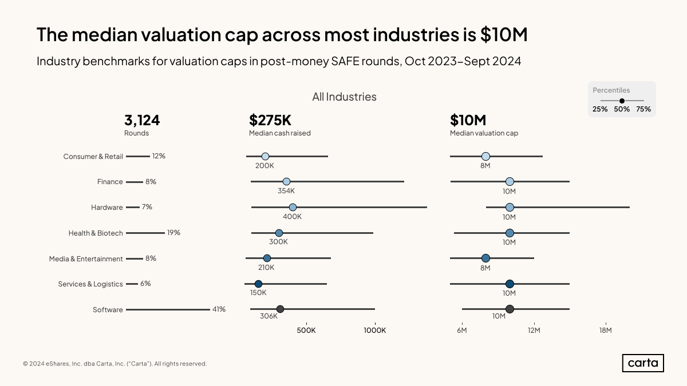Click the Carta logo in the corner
(642, 363)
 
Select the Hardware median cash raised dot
(293, 207)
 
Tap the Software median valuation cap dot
(510, 309)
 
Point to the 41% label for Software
(219, 309)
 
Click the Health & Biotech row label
(96, 233)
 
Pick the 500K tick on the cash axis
(306, 330)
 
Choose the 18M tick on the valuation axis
(606, 330)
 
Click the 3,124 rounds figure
(142, 120)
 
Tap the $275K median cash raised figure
(270, 120)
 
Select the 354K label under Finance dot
(286, 191)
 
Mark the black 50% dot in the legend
(622, 101)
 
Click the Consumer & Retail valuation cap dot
(485, 156)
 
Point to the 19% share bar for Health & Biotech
(145, 233)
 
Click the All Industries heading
(344, 97)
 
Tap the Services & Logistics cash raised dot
(258, 284)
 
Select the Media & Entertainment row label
(86, 258)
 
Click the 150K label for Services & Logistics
(258, 293)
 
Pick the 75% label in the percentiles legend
(643, 109)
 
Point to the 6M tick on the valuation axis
(462, 330)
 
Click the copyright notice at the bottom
(115, 364)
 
